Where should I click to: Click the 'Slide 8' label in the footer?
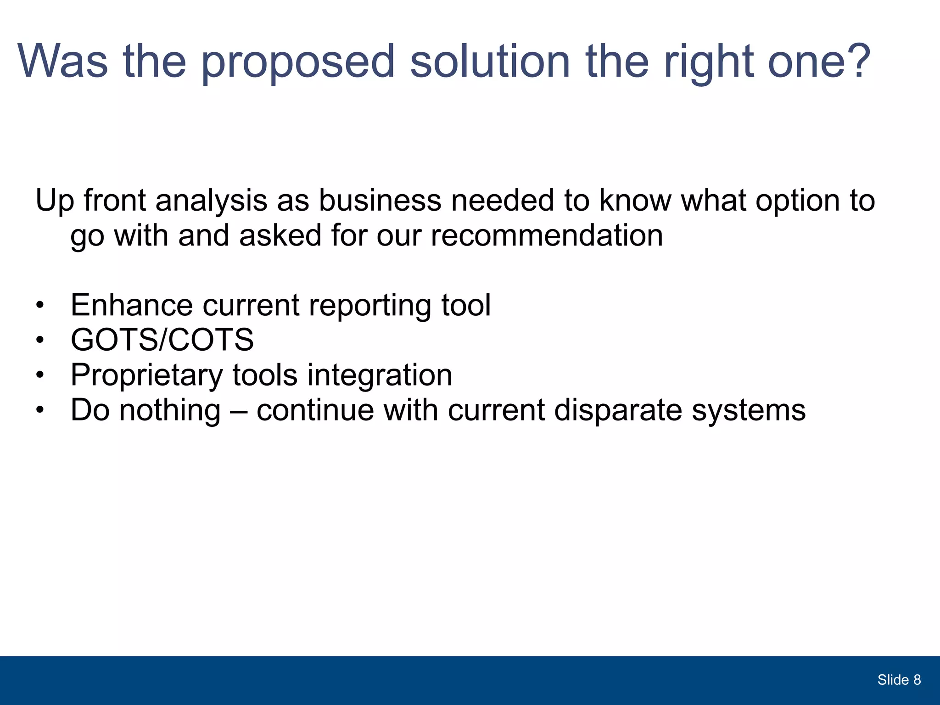point(899,680)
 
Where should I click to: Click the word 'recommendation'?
point(547,235)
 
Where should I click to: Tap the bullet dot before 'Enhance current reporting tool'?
point(40,305)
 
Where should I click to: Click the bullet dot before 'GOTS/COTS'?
point(40,340)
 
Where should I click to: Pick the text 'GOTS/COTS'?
point(162,340)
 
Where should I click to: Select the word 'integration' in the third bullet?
point(380,375)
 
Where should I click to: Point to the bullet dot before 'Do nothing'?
point(40,410)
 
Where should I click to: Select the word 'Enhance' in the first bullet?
point(132,305)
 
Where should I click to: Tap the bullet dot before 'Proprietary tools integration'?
point(40,375)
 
